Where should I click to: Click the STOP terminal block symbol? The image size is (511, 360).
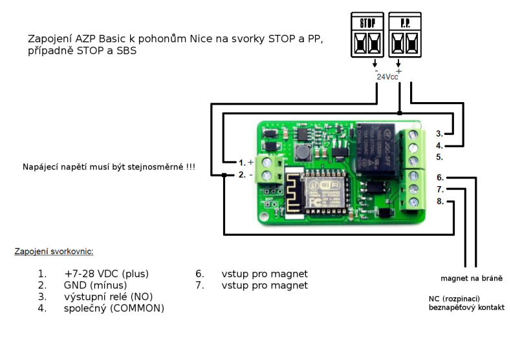tap(368, 36)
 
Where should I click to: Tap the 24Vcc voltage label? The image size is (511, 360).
tap(387, 76)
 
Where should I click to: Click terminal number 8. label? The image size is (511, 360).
tap(439, 202)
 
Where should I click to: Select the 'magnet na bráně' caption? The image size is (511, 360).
tap(472, 279)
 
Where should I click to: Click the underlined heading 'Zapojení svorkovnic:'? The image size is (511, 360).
tap(58, 251)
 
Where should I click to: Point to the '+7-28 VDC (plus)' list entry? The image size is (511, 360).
tap(106, 273)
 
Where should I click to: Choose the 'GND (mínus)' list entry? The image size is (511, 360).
tap(95, 285)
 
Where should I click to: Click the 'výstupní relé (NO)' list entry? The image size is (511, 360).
tap(108, 297)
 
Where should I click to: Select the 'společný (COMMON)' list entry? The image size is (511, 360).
tap(114, 308)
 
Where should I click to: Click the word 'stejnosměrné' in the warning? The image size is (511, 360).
tap(152, 167)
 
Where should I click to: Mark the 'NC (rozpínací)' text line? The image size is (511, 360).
tap(453, 299)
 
